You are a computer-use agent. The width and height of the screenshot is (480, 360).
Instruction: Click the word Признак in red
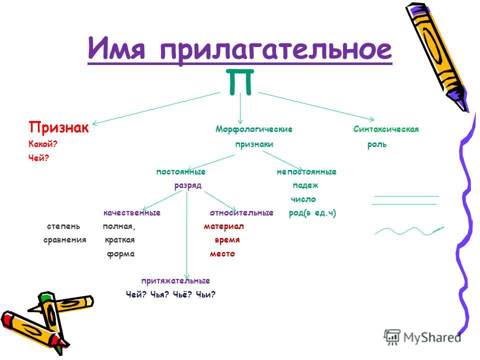(x=59, y=127)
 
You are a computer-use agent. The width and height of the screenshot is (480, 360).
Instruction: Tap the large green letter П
(x=240, y=81)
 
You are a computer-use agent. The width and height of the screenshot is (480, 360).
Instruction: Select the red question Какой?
(x=43, y=144)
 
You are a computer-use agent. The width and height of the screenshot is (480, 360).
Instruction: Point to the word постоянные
(x=181, y=171)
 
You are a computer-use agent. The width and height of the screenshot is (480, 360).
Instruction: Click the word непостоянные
(x=306, y=171)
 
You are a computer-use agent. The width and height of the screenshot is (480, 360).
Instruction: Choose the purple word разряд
(x=188, y=186)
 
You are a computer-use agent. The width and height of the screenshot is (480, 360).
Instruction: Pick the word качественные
(x=132, y=213)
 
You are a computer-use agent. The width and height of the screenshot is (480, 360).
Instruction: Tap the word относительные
(x=241, y=213)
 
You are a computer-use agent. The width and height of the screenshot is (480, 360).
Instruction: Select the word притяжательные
(x=175, y=280)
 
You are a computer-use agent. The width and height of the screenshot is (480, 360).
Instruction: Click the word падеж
(x=305, y=185)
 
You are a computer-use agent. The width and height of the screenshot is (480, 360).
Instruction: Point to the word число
(x=303, y=199)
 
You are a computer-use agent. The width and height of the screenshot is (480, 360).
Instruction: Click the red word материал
(x=224, y=226)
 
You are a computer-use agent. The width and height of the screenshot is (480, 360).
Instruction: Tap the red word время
(x=227, y=240)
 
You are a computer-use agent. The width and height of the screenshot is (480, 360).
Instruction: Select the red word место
(x=222, y=254)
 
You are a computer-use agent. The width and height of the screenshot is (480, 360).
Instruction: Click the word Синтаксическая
(x=386, y=129)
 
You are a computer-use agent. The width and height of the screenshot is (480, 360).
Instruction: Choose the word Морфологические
(x=254, y=129)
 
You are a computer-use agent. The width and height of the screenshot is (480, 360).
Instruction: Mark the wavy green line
(x=409, y=231)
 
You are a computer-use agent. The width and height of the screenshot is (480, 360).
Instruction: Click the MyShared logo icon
(x=392, y=337)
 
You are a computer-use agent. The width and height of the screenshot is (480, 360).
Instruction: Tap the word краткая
(x=119, y=240)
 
